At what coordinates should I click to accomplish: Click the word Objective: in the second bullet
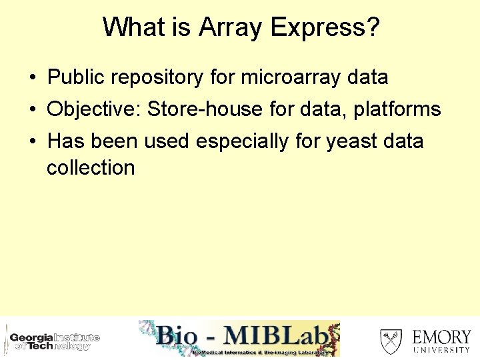[93, 109]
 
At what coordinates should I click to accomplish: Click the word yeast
[351, 141]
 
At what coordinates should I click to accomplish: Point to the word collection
[91, 168]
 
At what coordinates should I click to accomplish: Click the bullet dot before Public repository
[32, 78]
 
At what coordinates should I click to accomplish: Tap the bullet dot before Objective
[32, 110]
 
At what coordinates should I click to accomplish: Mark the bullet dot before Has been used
[32, 142]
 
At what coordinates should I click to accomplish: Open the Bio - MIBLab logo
[239, 339]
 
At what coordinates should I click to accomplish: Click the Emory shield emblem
[391, 341]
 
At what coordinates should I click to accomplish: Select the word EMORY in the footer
[441, 337]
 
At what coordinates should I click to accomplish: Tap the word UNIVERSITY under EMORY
[441, 350]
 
